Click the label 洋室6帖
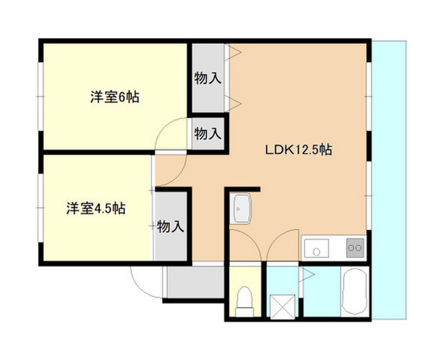coord(115,97)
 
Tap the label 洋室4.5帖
coord(96,208)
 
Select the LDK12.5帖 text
coord(298,150)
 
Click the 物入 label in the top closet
coord(208,78)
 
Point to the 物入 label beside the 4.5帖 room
coord(170,226)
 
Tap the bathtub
coord(355,291)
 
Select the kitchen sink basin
coord(316,248)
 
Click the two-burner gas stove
coord(356,247)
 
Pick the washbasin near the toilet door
coord(240,208)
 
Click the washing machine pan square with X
coord(283,308)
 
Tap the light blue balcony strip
coord(389,180)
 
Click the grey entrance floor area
coord(196,282)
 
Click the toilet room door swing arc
coord(252,238)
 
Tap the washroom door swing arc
coord(275,238)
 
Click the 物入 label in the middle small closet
coord(208,134)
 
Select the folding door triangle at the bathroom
coord(307,275)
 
